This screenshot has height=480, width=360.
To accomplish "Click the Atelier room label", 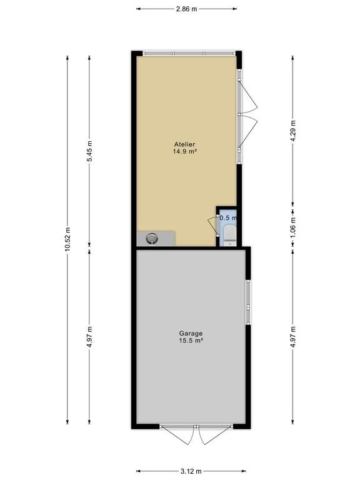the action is [x=184, y=144].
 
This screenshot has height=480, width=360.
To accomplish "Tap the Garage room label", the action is [x=191, y=333].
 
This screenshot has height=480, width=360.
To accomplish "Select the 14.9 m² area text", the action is [x=184, y=151].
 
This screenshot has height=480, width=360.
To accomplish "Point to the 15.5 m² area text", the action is [x=191, y=341].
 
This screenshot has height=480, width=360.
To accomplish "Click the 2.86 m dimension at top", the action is [x=186, y=9].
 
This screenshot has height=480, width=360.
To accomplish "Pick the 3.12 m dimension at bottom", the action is [x=191, y=471].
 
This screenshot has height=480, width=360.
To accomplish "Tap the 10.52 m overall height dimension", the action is [x=67, y=239].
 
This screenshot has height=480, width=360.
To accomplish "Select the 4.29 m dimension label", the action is [x=293, y=131].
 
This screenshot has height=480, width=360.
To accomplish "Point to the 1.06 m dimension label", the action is [x=293, y=227].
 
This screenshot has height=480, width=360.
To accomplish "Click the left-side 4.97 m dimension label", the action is [x=89, y=337].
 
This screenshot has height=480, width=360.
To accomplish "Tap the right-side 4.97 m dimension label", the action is [x=293, y=337].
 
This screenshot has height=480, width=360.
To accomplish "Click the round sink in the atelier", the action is [x=152, y=238].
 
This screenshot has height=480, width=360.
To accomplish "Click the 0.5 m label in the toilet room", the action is [x=228, y=218].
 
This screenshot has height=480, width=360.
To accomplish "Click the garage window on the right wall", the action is [x=248, y=302].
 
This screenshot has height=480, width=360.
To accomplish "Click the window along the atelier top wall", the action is [x=189, y=53].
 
